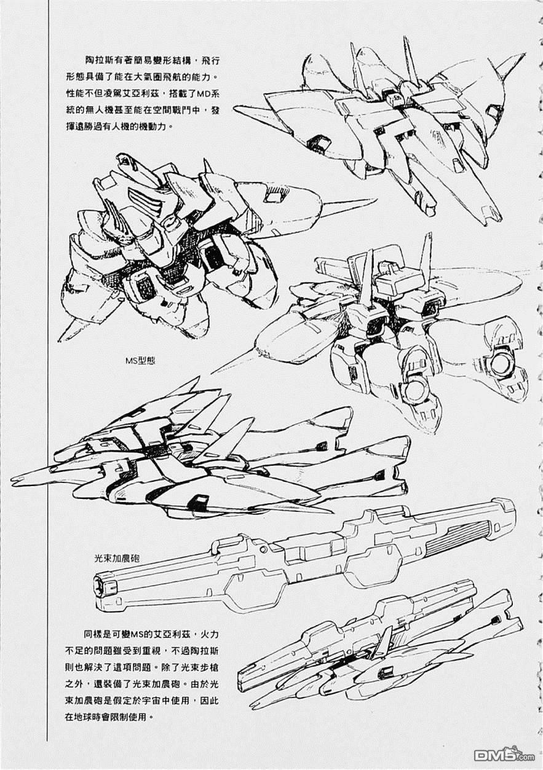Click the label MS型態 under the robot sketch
pos(140,361)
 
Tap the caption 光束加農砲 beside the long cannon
pos(117,558)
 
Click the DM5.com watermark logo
pos(504,755)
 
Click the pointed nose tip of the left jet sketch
pos(12,479)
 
